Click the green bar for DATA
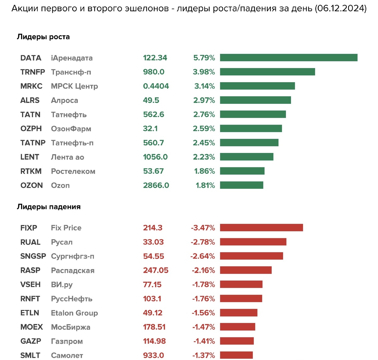click(x=289, y=58)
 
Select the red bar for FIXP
click(x=261, y=228)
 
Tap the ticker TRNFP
click(x=33, y=72)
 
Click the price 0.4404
click(x=156, y=86)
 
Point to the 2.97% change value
click(x=204, y=100)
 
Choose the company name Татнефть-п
click(x=72, y=143)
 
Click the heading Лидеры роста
click(x=43, y=37)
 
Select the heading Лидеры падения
click(x=49, y=207)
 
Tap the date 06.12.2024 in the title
click(x=340, y=8)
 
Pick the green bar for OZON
click(x=242, y=185)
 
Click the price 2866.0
click(x=156, y=185)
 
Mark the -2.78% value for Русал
click(x=203, y=242)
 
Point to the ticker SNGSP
click(x=33, y=256)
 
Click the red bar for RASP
click(x=246, y=270)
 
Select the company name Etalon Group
click(x=74, y=313)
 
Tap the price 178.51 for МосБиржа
click(x=154, y=327)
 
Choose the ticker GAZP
click(x=31, y=341)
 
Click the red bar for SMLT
click(x=236, y=355)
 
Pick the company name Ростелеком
click(x=73, y=171)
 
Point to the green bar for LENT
click(x=247, y=157)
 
